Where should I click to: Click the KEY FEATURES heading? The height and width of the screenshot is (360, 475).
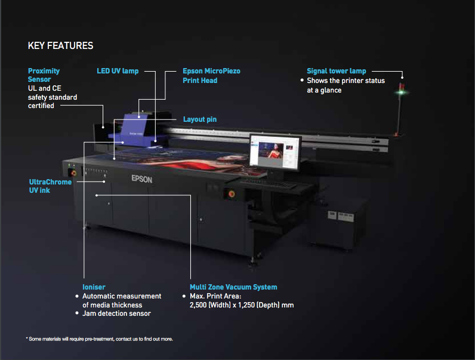click(60, 45)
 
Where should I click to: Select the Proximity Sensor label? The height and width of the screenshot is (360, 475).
click(44, 75)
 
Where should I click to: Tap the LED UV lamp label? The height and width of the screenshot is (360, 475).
click(118, 71)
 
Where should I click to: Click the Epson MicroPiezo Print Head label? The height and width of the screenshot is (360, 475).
click(211, 75)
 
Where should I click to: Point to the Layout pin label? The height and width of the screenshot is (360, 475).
click(199, 119)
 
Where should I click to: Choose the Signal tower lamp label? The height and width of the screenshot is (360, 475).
click(337, 71)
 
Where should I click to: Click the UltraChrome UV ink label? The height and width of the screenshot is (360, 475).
click(50, 186)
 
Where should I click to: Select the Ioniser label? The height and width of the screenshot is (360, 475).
click(94, 287)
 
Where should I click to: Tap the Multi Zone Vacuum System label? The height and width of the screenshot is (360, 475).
click(233, 287)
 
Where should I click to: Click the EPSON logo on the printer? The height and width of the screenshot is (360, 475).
click(143, 177)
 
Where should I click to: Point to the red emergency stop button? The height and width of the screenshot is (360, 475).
click(226, 192)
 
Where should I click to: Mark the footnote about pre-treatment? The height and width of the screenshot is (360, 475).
click(99, 339)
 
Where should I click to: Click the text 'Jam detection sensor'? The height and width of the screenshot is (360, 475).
click(116, 313)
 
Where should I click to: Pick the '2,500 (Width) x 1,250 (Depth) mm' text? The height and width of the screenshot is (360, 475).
click(242, 305)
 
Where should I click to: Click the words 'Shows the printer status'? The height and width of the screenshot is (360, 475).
click(346, 81)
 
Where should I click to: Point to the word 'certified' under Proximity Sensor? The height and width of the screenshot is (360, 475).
click(41, 106)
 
